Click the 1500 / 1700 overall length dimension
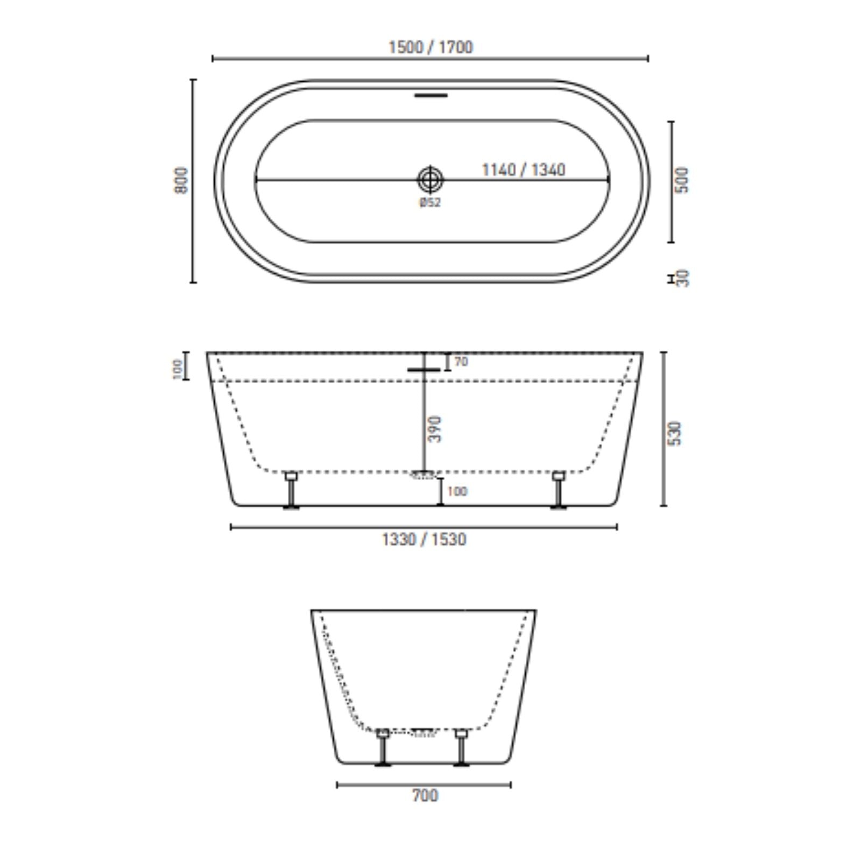430,47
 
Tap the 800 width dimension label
182,180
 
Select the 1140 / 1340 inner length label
523,170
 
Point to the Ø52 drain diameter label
430,202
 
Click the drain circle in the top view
430,180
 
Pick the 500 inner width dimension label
681,180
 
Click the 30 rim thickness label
682,278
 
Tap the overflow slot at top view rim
431,96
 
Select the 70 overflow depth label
461,362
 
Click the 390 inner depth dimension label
435,429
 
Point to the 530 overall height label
674,433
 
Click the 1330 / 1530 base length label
424,539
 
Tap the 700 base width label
425,795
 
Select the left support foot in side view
291,490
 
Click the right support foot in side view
557,490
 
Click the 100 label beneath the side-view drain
457,491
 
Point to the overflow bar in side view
425,370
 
